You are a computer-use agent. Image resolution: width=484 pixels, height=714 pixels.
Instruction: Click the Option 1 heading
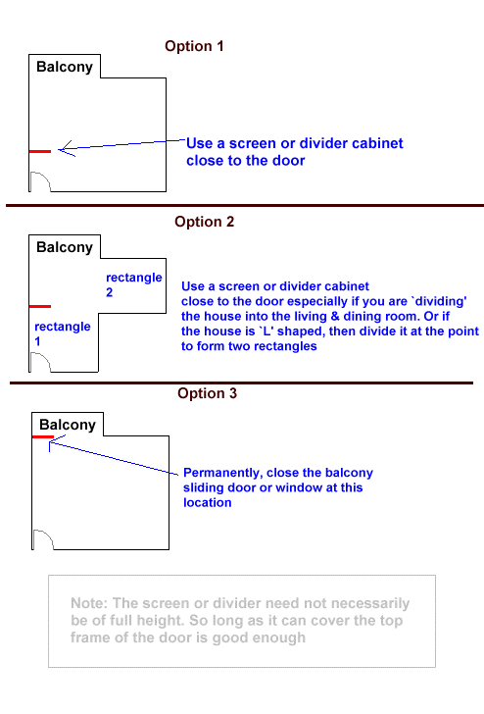coord(194,46)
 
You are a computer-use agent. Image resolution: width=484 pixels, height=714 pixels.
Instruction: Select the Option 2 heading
coord(204,222)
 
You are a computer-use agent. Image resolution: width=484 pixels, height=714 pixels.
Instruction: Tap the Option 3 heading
coord(207,393)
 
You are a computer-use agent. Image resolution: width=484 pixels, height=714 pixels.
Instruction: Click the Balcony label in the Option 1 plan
coord(65,67)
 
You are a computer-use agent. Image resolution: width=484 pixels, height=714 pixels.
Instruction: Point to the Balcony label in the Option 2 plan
coord(65,247)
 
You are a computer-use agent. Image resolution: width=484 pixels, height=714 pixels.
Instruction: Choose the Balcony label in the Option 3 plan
coord(68,425)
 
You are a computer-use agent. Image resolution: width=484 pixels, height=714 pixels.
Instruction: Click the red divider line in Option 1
coord(40,151)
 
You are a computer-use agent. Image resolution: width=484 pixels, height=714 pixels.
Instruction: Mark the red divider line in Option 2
coord(40,306)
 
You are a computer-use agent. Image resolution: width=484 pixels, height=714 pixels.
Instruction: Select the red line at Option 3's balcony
coord(43,437)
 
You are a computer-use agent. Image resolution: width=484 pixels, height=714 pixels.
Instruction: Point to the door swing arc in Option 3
coord(47,535)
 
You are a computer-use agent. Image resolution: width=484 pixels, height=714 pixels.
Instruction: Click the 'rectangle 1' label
coord(63,333)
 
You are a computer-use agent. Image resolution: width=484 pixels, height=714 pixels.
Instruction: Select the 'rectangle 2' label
coord(133,284)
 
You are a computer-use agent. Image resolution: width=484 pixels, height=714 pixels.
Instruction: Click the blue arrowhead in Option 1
coord(67,148)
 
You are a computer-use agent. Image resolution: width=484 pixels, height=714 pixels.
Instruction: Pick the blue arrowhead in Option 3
coord(55,442)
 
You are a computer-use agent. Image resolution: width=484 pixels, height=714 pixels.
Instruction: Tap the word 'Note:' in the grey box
coord(89,603)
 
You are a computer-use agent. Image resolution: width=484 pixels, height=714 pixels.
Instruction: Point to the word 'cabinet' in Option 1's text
coord(377,143)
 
